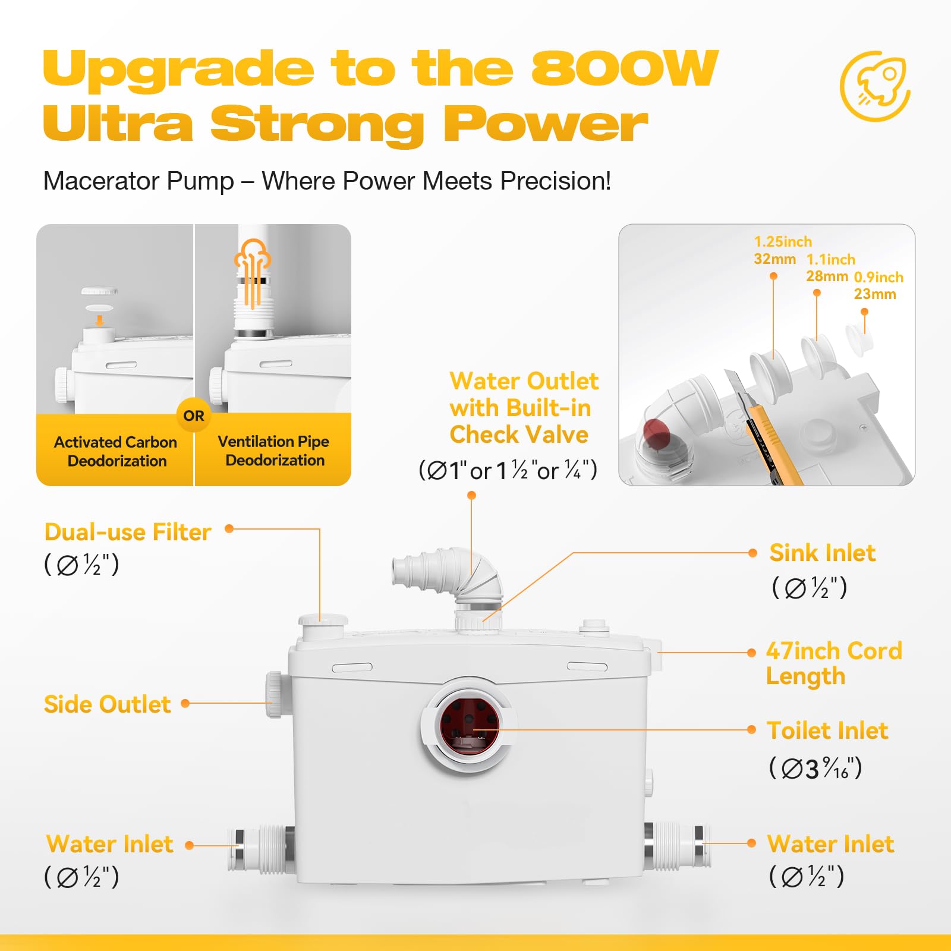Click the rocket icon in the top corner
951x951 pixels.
875,86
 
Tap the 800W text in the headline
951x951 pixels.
625,68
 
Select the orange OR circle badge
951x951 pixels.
194,415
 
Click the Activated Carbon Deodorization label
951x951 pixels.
116,451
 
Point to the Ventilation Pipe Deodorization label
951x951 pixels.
274,451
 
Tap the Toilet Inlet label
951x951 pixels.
827,730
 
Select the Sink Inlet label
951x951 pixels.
823,553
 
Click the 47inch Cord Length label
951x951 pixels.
834,663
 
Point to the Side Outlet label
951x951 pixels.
108,704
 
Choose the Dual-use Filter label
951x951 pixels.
128,532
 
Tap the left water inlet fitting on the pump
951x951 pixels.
262,849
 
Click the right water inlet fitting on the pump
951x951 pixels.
677,847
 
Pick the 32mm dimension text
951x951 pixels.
774,259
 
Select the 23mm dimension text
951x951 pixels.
874,294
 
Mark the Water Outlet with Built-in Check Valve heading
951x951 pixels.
524,408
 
